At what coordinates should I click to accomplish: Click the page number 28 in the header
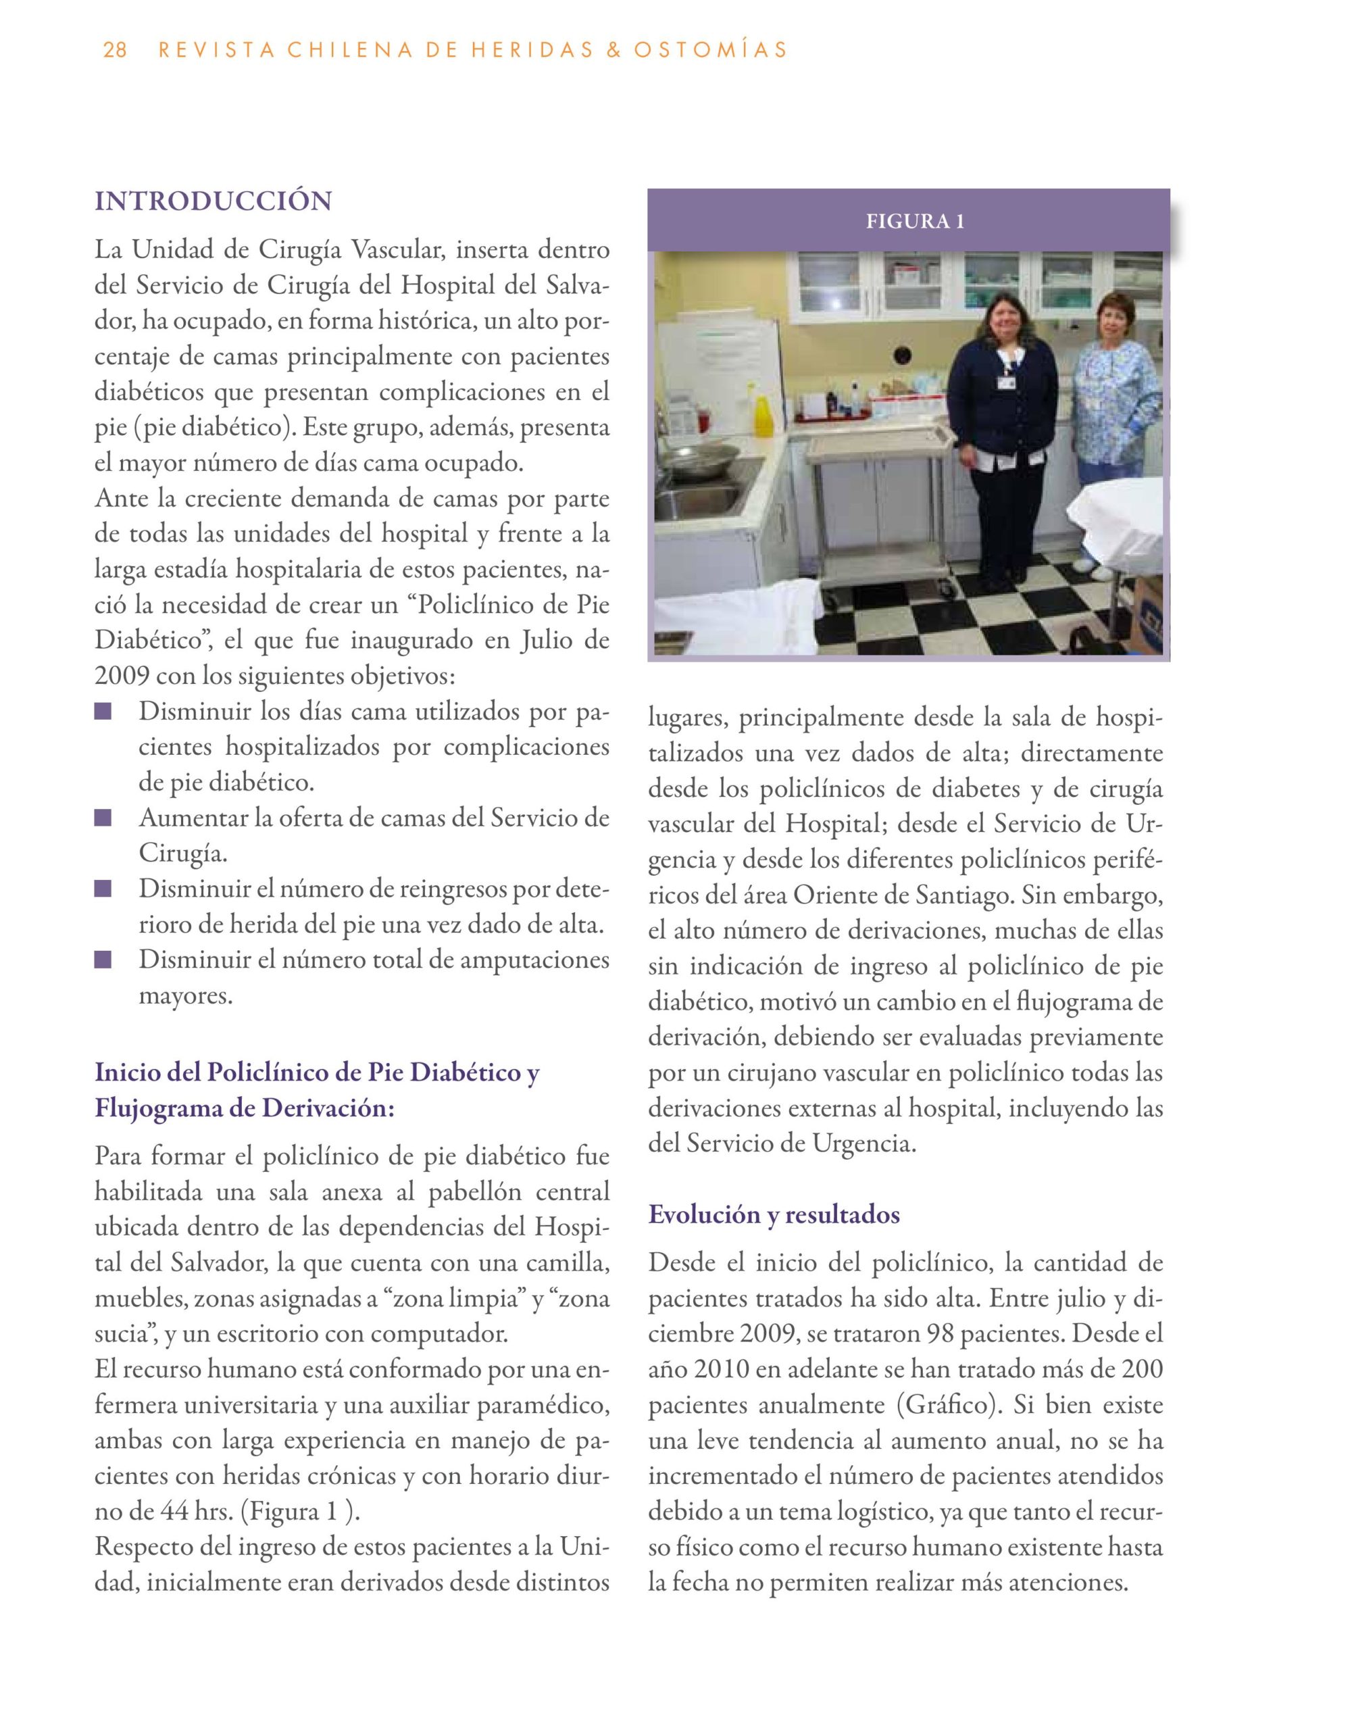tap(115, 51)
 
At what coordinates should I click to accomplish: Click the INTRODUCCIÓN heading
tap(213, 201)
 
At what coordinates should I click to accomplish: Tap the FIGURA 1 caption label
tap(915, 221)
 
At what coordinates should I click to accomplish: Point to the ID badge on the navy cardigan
tap(1006, 382)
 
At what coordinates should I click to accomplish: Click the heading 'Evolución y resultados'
tap(774, 1215)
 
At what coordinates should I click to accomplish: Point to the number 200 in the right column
tap(1141, 1370)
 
